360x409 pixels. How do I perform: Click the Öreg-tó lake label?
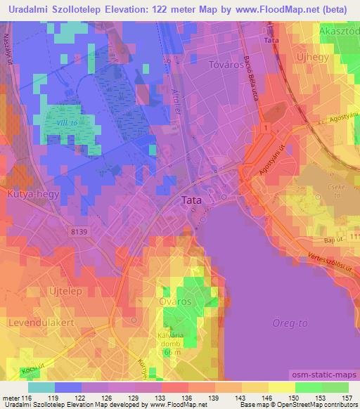click(288, 323)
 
